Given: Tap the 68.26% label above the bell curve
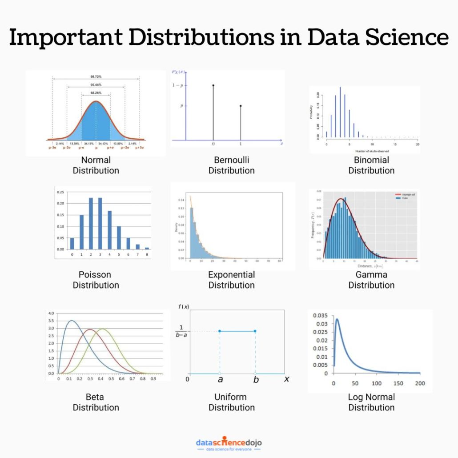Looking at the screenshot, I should [x=96, y=93].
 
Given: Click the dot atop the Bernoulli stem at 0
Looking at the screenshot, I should [x=213, y=85].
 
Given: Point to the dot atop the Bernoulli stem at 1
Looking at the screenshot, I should [x=241, y=106].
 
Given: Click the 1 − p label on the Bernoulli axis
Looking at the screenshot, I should [x=178, y=85].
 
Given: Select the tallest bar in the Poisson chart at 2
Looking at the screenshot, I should [x=91, y=223].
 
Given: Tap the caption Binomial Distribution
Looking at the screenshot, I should [x=371, y=165].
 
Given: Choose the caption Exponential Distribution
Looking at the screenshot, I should [x=231, y=280].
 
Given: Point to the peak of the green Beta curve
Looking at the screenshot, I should [x=103, y=329].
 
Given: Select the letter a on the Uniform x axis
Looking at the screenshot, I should [x=220, y=379].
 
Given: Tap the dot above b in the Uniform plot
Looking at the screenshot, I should [x=255, y=331].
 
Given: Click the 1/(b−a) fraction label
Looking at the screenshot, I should [x=181, y=331].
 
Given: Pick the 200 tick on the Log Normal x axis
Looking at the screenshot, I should [x=419, y=383].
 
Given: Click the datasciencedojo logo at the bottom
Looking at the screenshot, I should [x=229, y=443].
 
